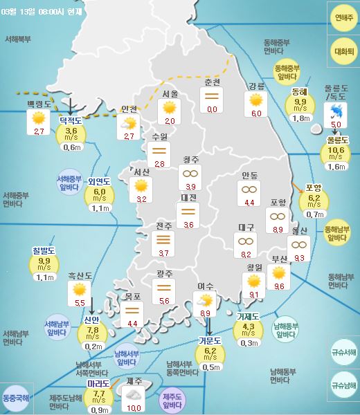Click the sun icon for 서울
click(x=169, y=107)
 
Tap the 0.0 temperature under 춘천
click(x=212, y=109)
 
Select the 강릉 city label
click(x=257, y=86)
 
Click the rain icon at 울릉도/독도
click(x=336, y=112)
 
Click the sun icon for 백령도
click(x=39, y=118)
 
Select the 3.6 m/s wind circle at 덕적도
click(x=71, y=133)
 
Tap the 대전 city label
click(x=188, y=197)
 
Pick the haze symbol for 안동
click(x=249, y=189)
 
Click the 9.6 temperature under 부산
click(x=279, y=286)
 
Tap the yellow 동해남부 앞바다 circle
click(x=336, y=231)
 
